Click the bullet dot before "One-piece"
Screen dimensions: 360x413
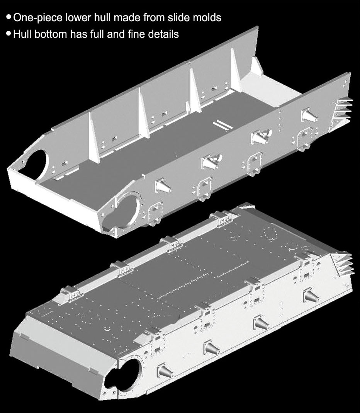click(8, 17)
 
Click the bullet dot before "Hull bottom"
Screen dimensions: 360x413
click(8, 33)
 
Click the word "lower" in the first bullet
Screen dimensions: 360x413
click(78, 18)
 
